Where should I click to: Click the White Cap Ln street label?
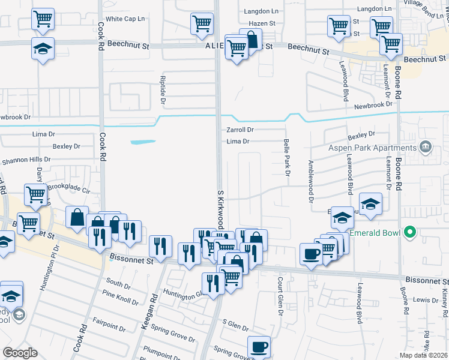point(125,19)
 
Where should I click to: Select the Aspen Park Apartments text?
point(372,148)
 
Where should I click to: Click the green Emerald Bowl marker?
point(410,232)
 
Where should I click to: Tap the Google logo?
point(20,353)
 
